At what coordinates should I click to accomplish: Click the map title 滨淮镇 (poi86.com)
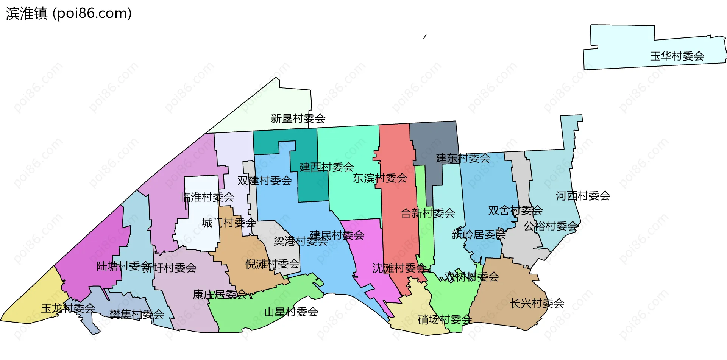(69, 14)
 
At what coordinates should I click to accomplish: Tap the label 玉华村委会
(677, 56)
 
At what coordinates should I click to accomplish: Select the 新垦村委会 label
(298, 119)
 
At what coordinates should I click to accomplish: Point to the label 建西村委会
(327, 167)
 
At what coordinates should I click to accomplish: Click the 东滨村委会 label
(380, 178)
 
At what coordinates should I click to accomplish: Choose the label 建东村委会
(463, 158)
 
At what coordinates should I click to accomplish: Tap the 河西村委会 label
(583, 196)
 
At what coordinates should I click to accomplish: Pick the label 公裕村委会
(551, 226)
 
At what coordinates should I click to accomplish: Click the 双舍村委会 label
(515, 210)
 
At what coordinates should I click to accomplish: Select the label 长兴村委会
(537, 304)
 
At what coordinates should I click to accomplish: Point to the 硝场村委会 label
(445, 320)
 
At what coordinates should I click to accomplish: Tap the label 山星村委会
(291, 312)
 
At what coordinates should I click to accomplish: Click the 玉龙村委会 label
(68, 309)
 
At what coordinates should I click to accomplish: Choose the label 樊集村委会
(137, 314)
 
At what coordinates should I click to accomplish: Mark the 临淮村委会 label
(207, 197)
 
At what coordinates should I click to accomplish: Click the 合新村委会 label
(428, 213)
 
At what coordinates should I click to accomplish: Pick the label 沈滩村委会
(399, 268)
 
